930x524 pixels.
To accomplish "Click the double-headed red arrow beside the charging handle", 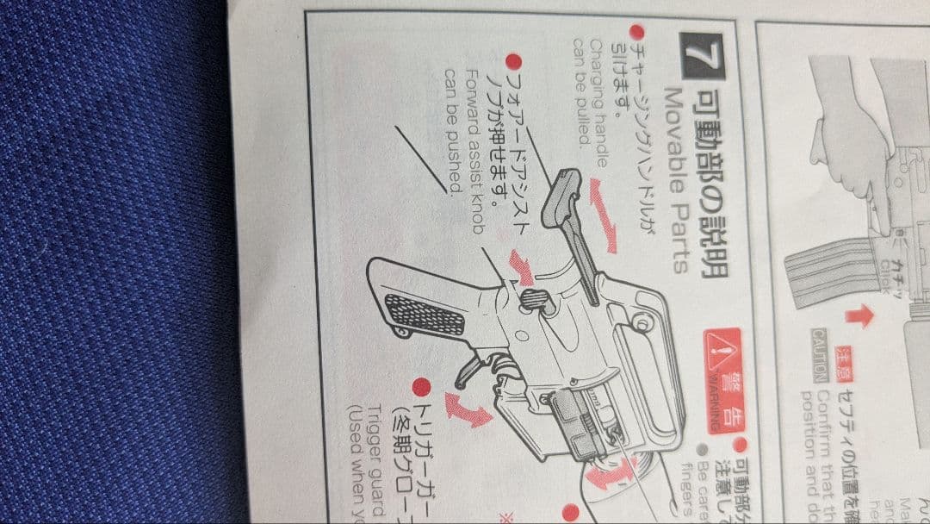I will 602,215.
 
